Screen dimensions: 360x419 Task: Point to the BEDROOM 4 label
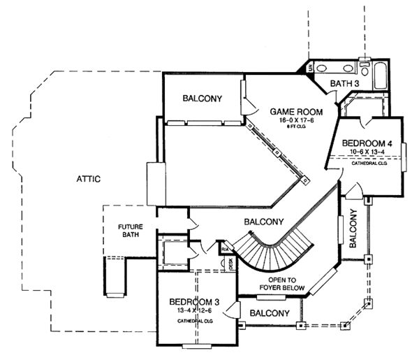tap(368, 144)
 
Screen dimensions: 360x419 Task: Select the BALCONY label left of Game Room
tap(203, 99)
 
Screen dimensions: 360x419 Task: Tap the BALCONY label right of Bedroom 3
tap(269, 313)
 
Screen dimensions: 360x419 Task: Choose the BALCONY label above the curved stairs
tap(263, 222)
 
